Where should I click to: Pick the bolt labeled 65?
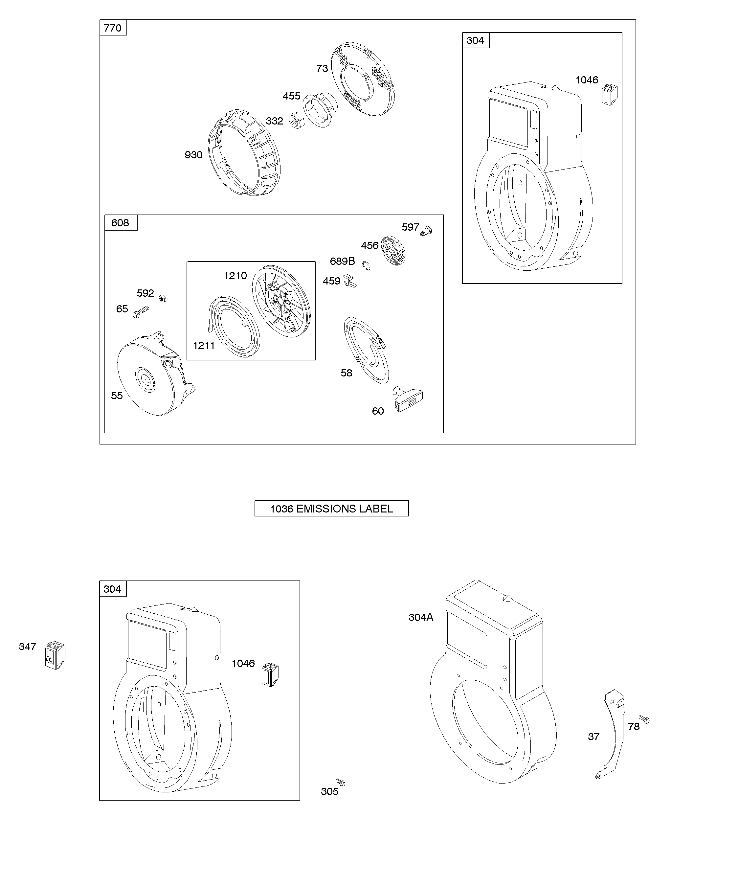click(x=141, y=312)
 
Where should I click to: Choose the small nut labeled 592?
click(x=162, y=299)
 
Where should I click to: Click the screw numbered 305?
click(x=340, y=783)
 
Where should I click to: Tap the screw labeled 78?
click(x=644, y=718)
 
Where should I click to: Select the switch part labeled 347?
click(x=55, y=655)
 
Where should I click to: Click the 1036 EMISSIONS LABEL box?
click(x=331, y=509)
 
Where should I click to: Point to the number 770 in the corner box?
click(x=113, y=28)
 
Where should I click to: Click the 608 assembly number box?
click(x=120, y=223)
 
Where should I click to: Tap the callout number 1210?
click(x=235, y=276)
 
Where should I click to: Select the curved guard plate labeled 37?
click(x=612, y=735)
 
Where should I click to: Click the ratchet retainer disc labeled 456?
click(x=393, y=251)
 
